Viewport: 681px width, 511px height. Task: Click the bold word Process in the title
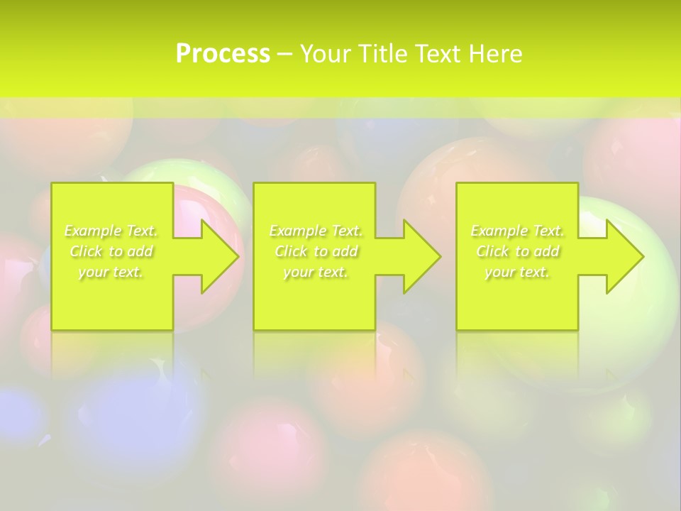pyautogui.click(x=223, y=54)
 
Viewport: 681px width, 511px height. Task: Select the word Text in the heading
pyautogui.click(x=439, y=54)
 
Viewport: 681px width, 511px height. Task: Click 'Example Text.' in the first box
pyautogui.click(x=111, y=231)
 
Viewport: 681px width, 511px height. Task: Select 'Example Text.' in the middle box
pyautogui.click(x=316, y=231)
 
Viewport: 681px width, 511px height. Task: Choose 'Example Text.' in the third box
pyautogui.click(x=517, y=231)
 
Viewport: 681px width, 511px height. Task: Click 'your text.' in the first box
pyautogui.click(x=111, y=272)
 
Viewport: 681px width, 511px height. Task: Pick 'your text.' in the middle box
pyautogui.click(x=316, y=272)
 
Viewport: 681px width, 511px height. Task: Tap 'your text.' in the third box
pyautogui.click(x=517, y=272)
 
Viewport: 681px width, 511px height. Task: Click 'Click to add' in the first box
pyautogui.click(x=111, y=251)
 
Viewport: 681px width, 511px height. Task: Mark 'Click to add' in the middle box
pyautogui.click(x=316, y=251)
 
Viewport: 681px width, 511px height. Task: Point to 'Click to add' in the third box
pyautogui.click(x=517, y=251)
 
